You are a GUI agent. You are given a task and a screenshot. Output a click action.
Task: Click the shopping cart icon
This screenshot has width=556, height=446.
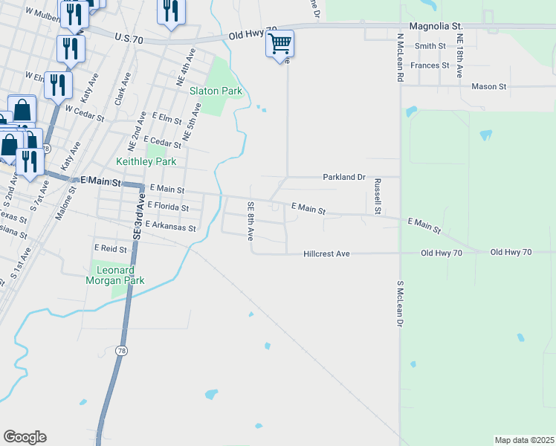(x=280, y=44)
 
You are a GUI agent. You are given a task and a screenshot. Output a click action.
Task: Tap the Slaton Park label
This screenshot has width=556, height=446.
(x=216, y=91)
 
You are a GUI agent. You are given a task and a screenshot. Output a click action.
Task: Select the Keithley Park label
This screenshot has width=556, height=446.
(x=146, y=161)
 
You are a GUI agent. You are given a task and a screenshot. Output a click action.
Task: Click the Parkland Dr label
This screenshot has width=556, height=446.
(x=344, y=178)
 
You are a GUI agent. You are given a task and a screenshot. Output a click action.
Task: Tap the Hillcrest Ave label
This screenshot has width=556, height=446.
(x=326, y=254)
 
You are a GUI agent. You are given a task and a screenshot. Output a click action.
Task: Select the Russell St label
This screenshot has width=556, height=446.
(x=378, y=196)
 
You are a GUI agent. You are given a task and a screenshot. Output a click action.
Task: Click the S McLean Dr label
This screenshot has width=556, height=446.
(x=400, y=303)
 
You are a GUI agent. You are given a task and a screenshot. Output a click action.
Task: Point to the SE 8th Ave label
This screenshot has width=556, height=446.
(x=251, y=221)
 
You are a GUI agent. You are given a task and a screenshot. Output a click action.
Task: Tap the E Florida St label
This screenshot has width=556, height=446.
(x=168, y=206)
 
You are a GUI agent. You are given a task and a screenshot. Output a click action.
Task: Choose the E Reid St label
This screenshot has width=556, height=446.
(x=111, y=248)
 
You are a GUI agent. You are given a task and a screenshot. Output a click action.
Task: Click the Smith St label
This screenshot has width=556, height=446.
(x=430, y=46)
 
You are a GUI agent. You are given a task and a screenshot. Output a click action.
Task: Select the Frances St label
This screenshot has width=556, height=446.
(x=430, y=65)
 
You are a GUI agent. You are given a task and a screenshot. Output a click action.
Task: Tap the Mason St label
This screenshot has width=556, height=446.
(x=488, y=86)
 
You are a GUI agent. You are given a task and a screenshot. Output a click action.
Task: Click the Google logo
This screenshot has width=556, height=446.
(x=25, y=437)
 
